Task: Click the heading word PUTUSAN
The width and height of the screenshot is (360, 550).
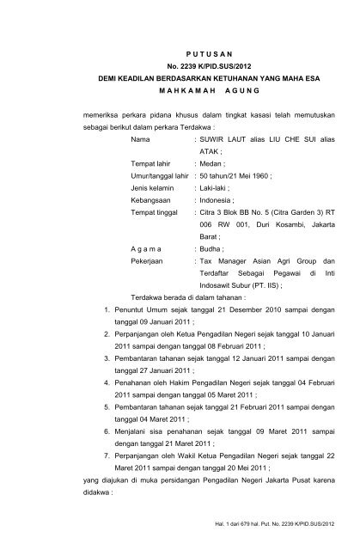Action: pyautogui.click(x=180, y=53)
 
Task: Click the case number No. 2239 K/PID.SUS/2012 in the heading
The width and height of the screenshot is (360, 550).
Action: pyautogui.click(x=180, y=67)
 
